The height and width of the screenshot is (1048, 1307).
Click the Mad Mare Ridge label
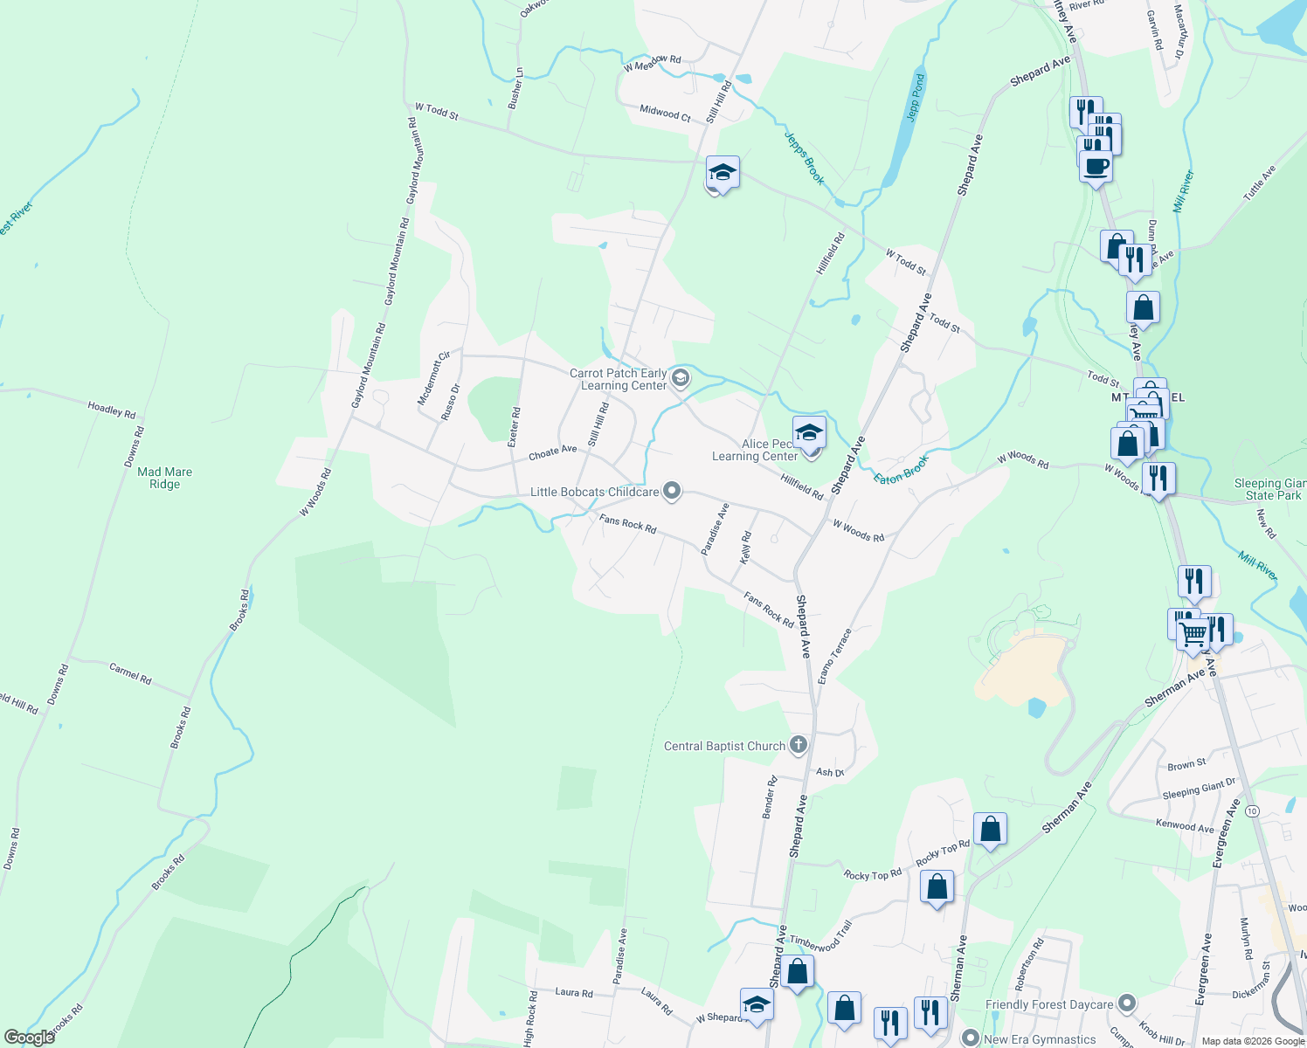(x=164, y=478)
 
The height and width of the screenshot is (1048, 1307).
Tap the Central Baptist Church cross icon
(x=798, y=745)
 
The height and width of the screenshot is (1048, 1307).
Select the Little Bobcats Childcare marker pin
(x=671, y=492)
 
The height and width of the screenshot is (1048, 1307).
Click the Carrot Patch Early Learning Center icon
(x=681, y=378)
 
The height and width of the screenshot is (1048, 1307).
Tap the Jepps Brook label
(x=804, y=158)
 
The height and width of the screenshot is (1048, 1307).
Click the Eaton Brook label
(x=901, y=469)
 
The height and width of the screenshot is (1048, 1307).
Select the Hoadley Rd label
(x=112, y=409)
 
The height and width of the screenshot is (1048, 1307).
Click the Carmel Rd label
(x=130, y=673)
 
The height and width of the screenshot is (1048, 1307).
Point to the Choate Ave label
(x=552, y=452)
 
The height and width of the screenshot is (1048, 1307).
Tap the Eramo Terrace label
(x=834, y=656)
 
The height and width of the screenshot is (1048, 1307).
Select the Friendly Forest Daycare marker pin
(x=1126, y=1004)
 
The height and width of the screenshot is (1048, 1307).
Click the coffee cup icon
(x=1096, y=164)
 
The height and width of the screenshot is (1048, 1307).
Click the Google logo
(x=29, y=1037)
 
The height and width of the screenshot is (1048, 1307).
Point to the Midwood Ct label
(x=665, y=113)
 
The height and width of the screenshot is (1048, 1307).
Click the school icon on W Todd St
(x=723, y=172)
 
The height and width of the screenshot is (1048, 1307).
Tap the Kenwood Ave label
(x=1185, y=825)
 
